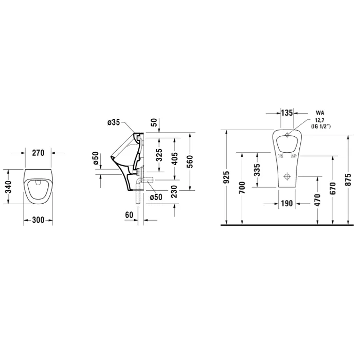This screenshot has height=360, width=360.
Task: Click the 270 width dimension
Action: pos(38,153)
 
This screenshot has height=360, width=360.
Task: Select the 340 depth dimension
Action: pos(8,187)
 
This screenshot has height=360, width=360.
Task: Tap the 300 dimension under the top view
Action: pos(38,220)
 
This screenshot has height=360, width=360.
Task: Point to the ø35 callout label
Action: pos(114,122)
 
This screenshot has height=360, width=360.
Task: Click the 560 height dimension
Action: pos(190,161)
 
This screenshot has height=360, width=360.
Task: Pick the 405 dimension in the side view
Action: pos(175,158)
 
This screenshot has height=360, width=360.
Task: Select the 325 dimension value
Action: pos(159,155)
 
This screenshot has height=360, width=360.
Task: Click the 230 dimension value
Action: pos(174,192)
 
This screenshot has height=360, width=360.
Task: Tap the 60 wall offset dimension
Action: pos(129,215)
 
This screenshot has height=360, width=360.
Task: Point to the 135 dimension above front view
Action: pos(287,113)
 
